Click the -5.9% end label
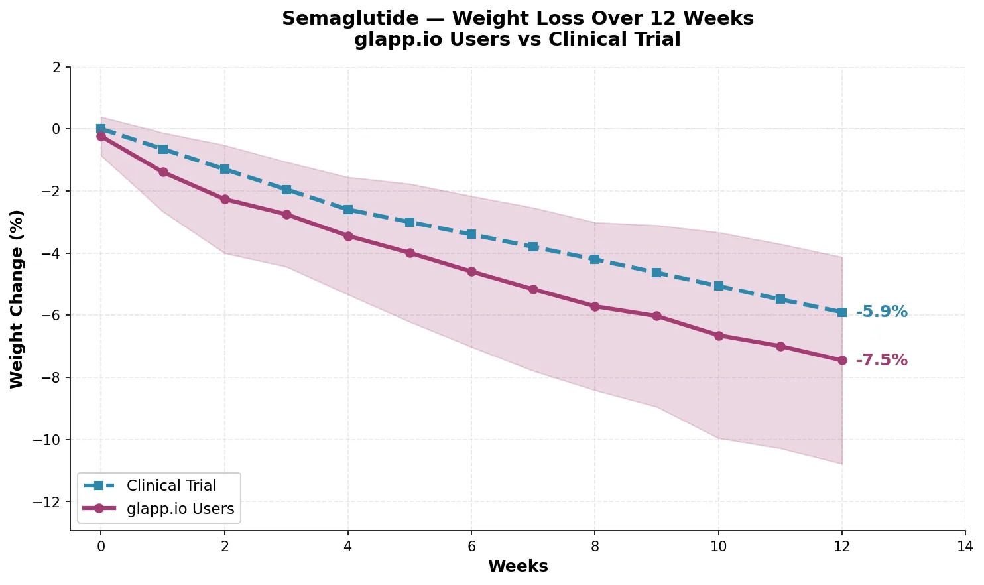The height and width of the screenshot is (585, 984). [881, 312]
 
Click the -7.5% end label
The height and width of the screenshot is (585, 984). [881, 360]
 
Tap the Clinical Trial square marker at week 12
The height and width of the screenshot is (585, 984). [842, 312]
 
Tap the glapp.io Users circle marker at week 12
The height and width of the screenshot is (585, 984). [842, 360]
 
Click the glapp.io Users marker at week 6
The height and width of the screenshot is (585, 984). [471, 271]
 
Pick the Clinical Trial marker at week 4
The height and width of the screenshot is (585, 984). [348, 210]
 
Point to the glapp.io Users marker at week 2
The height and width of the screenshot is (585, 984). [225, 199]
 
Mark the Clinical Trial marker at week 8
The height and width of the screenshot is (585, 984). [595, 259]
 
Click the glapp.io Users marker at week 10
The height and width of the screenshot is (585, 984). [719, 336]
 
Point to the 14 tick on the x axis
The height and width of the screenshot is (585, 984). [965, 546]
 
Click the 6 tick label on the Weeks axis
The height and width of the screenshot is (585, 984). [471, 546]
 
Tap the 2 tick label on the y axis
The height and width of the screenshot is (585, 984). [56, 67]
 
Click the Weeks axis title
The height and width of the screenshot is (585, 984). [518, 566]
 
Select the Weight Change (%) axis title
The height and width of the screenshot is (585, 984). [17, 298]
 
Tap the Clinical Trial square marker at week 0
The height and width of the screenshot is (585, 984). [101, 129]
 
